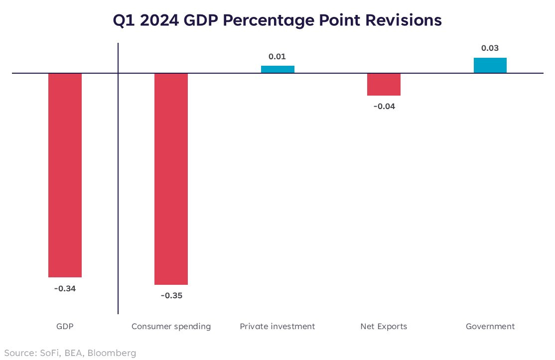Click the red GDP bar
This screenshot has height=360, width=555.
coord(65,175)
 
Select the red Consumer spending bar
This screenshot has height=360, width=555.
coord(171,179)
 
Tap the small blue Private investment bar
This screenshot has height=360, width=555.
coord(277,69)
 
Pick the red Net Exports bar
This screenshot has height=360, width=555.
coord(384,84)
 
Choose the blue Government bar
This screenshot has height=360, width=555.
coord(490,65)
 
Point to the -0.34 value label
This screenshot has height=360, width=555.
coord(65,288)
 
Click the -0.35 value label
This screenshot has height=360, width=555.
coord(171,296)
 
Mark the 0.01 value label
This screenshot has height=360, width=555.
coord(277,56)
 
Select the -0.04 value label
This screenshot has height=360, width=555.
coord(384,106)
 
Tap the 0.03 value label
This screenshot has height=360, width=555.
coord(490,48)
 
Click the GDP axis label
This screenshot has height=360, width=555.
coord(65,327)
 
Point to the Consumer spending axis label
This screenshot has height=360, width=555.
coord(171,327)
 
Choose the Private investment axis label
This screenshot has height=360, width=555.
coord(277,327)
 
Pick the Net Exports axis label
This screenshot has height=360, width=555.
coord(384,327)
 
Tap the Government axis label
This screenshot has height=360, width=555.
coord(490,327)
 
